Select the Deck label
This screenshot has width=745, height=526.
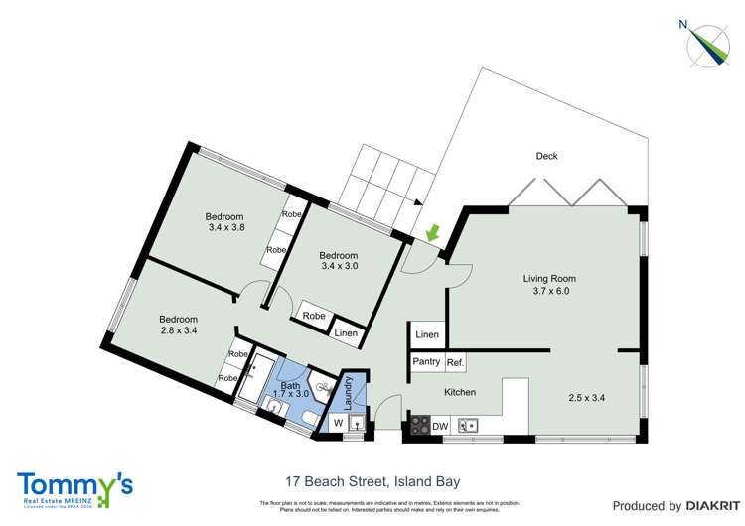pos(546,156)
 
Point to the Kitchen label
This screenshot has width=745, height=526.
pos(459,393)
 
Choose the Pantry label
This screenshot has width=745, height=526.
pos(426,362)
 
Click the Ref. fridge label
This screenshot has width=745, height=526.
pos(455,362)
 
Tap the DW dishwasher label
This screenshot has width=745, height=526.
pos(441,427)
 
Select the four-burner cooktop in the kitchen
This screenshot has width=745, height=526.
pos(419,427)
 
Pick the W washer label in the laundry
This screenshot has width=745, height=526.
pos(337,424)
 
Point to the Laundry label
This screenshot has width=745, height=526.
pos(349,390)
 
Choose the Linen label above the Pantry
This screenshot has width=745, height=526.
pos(427,335)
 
